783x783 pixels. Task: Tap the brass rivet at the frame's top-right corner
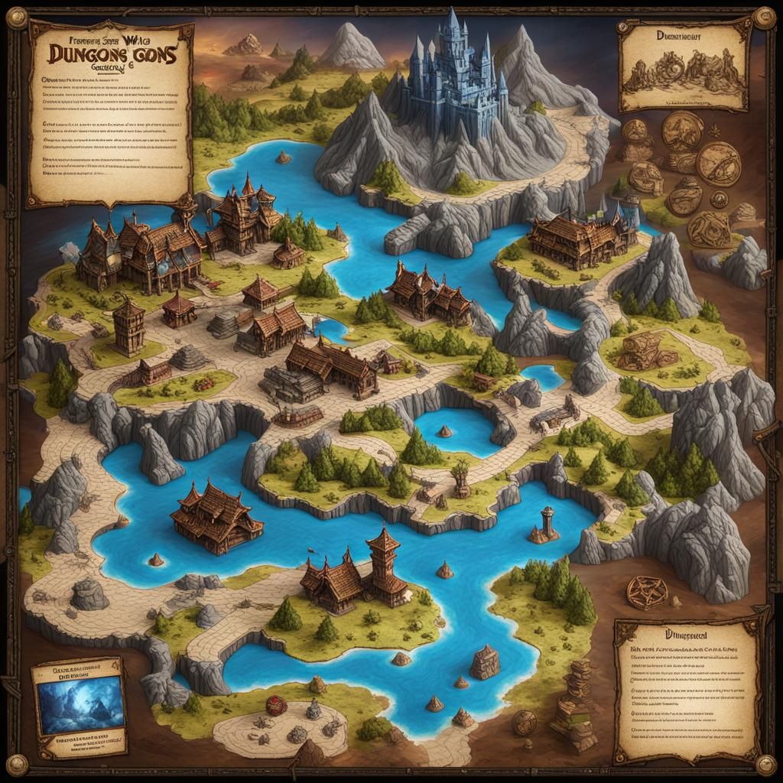tap(763, 17)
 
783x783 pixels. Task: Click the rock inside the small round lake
tap(444, 431)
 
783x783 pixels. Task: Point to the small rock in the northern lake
tap(284, 158)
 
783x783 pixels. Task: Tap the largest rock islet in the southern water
tap(485, 662)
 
